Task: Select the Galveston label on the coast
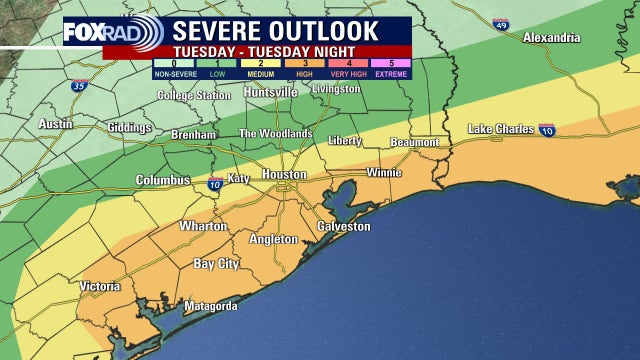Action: pyautogui.click(x=343, y=227)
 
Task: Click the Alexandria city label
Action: pyautogui.click(x=551, y=38)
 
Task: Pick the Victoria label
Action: pyautogui.click(x=100, y=286)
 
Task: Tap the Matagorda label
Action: pyautogui.click(x=209, y=306)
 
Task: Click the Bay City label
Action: pyautogui.click(x=216, y=264)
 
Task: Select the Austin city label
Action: pyautogui.click(x=56, y=124)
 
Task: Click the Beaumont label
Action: pyautogui.click(x=414, y=143)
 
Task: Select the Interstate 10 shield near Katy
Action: pyautogui.click(x=215, y=184)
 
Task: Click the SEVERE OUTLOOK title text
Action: pyautogui.click(x=278, y=30)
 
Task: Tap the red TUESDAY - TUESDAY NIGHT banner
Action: pyautogui.click(x=279, y=51)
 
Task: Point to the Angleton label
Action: pyautogui.click(x=273, y=240)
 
